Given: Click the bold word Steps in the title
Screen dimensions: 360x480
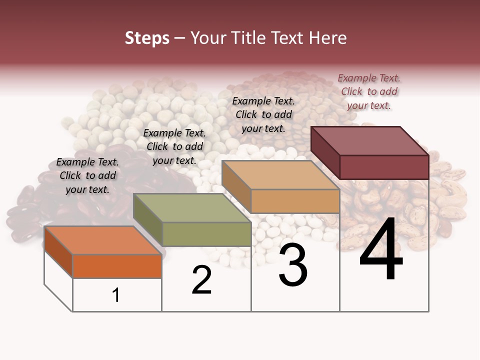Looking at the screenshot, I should (x=147, y=38).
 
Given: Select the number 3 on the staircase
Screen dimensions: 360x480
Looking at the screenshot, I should (x=293, y=265).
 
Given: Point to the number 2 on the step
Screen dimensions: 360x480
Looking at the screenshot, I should (x=202, y=280).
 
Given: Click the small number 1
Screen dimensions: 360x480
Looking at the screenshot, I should (x=116, y=295).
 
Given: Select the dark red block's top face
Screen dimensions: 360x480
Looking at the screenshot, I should (x=370, y=141).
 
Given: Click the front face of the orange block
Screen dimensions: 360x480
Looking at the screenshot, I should (x=117, y=266).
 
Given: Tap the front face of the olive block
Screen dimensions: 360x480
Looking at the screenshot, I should (x=206, y=234).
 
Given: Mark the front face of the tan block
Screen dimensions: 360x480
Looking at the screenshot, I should (x=295, y=201).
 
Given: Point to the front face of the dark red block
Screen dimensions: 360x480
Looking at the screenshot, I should (x=384, y=167).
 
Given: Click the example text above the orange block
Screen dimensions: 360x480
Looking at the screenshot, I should (x=87, y=175).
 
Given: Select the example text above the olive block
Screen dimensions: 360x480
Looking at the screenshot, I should (x=174, y=146).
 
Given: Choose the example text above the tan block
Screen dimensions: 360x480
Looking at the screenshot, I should (x=263, y=114).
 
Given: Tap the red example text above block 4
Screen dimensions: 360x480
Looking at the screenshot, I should (x=369, y=91).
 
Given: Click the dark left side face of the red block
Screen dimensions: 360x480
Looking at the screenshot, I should (x=325, y=152).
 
